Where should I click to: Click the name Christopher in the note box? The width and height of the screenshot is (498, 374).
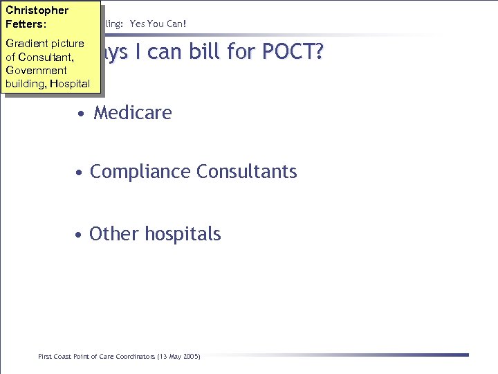(37, 10)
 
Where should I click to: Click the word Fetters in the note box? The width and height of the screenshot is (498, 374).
(24, 24)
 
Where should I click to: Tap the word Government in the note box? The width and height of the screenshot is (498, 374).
(36, 70)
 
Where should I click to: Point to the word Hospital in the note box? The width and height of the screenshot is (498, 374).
(68, 83)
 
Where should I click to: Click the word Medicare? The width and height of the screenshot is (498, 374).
(133, 112)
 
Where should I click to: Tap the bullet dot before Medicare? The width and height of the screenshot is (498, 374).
(82, 114)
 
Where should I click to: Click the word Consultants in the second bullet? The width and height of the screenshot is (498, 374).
(247, 171)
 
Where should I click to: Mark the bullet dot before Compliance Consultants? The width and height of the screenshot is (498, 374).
(80, 172)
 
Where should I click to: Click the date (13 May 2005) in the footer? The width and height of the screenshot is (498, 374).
(178, 356)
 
